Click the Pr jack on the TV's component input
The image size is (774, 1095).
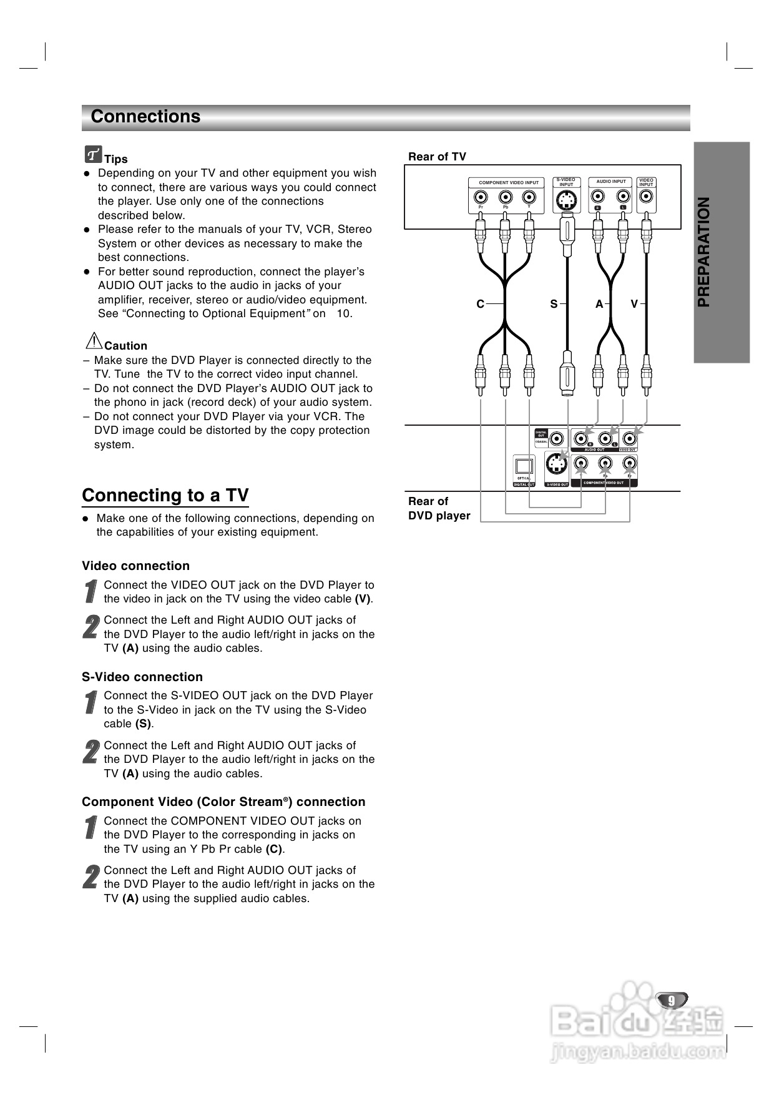coord(481,197)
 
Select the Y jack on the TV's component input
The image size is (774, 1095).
coord(529,197)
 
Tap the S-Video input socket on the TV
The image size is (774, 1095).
coord(566,200)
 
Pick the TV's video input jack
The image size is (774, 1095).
coord(646,197)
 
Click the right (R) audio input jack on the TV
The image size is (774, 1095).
coord(598,197)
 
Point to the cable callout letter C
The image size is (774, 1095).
coord(481,304)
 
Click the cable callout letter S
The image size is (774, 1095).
coord(554,304)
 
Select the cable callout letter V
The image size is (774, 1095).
coord(634,304)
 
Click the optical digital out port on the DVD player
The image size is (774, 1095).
coord(524,466)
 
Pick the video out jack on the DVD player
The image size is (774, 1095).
coord(630,438)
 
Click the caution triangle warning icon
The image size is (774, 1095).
coord(94,341)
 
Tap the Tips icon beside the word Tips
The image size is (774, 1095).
coord(93,154)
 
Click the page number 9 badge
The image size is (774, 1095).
coord(672,1000)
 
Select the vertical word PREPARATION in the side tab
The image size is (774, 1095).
coord(703,252)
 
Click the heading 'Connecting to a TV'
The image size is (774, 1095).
coord(165,495)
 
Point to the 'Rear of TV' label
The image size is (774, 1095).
coord(437,157)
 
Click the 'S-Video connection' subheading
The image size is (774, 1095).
coord(142,677)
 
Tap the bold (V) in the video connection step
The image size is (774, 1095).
coord(363,599)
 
